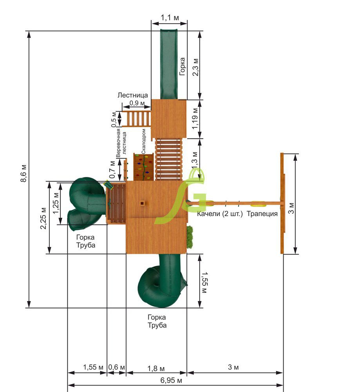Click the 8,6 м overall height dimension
24,174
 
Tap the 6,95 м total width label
171,381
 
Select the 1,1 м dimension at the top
170,18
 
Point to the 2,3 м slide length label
195,67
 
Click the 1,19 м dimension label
195,118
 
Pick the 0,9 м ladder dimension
137,103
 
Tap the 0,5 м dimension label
114,120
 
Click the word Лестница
133,95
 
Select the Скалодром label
143,142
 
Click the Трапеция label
262,214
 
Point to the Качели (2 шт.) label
220,214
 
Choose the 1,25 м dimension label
56,203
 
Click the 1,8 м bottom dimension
156,368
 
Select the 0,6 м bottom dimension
116,367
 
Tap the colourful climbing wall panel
143,167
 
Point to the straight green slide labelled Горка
168,64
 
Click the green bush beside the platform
190,237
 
